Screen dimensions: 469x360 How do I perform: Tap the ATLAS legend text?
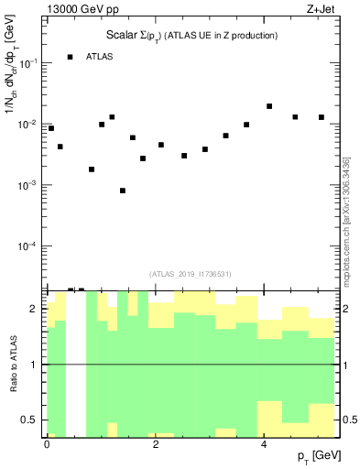click(100, 57)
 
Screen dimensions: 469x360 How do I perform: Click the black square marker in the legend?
click(71, 57)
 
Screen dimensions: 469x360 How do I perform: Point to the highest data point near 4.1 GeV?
click(269, 106)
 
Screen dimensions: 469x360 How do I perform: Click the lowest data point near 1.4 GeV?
click(123, 191)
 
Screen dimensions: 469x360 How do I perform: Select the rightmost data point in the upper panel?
click(322, 117)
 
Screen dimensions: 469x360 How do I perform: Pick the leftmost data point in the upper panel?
click(51, 128)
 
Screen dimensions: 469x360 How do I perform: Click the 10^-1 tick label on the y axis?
click(27, 63)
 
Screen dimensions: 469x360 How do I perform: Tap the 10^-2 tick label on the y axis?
click(27, 125)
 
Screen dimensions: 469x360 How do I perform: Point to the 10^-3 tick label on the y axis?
click(27, 185)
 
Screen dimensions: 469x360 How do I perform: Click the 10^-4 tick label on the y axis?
click(27, 246)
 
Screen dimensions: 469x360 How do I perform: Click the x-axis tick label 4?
click(264, 443)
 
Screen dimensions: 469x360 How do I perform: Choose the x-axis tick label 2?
click(156, 443)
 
